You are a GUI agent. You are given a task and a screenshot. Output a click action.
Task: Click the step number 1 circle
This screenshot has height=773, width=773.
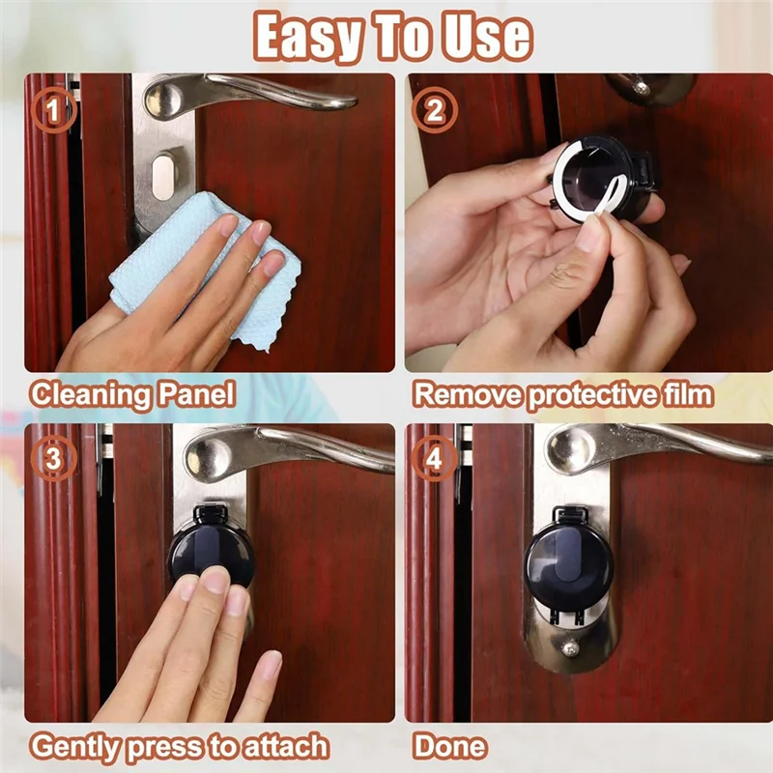(53, 110)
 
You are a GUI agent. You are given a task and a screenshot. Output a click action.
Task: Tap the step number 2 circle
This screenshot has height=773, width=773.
(434, 110)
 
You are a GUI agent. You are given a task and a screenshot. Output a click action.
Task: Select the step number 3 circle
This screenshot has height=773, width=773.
(53, 458)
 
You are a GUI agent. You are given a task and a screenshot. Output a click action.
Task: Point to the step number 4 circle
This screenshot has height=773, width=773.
(434, 458)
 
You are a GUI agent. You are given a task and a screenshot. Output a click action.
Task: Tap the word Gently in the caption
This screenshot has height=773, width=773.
(75, 746)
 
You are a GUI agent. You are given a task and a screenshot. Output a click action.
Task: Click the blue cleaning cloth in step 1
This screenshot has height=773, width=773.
(207, 267)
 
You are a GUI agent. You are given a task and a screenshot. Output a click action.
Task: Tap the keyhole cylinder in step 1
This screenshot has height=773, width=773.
(163, 176)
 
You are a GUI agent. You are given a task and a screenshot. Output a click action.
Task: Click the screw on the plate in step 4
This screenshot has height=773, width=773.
(570, 646)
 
